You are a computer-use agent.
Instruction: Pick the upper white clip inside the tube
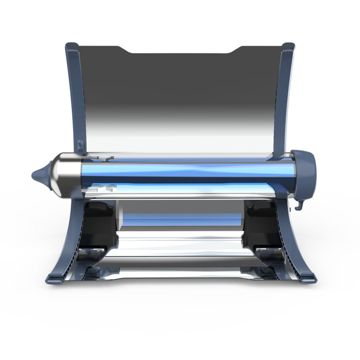click(108, 159)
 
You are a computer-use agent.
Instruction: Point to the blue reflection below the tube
click(182, 219)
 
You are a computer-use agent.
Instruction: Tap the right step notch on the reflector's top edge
click(237, 49)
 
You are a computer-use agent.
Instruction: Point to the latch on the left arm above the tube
click(81, 146)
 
